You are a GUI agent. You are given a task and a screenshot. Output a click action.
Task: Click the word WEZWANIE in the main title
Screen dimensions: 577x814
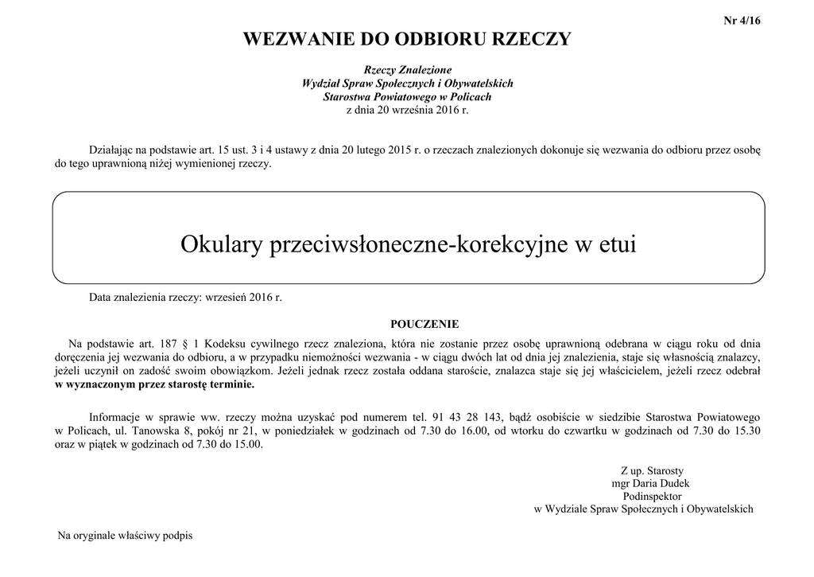[x=289, y=39]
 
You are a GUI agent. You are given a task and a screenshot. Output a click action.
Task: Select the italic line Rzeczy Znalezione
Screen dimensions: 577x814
[x=407, y=70]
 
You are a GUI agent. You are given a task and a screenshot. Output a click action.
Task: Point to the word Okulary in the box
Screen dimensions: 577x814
[x=222, y=244]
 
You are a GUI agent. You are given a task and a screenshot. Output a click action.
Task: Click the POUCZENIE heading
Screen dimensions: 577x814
[x=424, y=324]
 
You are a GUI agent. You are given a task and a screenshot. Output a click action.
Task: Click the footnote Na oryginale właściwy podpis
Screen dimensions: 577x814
[x=125, y=536]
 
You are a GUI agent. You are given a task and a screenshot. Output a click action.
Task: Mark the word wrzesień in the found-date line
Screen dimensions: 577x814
[x=227, y=298]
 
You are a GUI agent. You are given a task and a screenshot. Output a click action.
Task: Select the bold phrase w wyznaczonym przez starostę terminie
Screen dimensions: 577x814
[x=154, y=384]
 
